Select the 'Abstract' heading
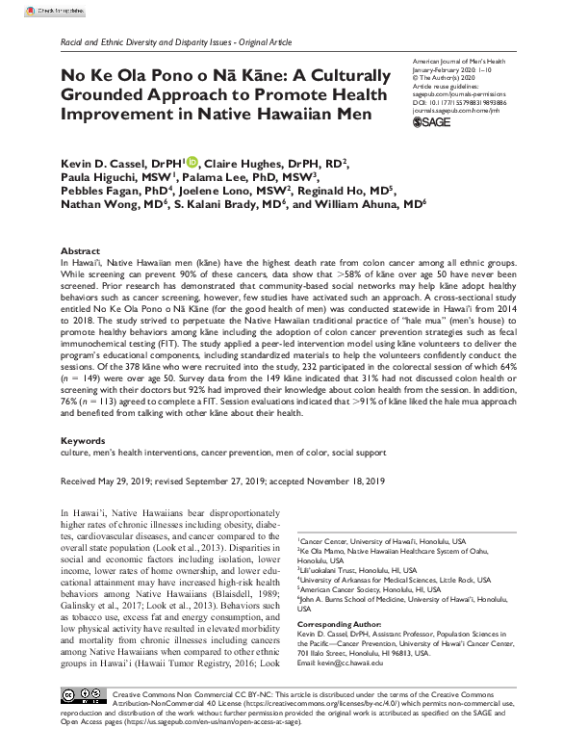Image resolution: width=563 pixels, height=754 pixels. coord(80,222)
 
